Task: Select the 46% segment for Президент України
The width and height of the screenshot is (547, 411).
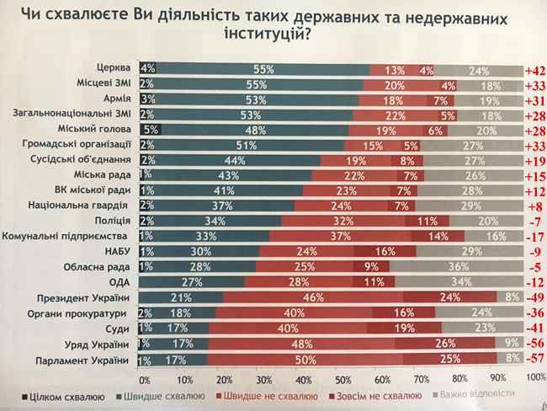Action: tap(316, 297)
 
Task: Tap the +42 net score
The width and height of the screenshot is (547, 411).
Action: tap(534, 71)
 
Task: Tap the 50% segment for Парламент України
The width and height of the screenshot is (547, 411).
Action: tap(301, 360)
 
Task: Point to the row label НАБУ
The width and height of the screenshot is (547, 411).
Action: tap(118, 252)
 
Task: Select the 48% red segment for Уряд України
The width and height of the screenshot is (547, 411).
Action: tap(300, 344)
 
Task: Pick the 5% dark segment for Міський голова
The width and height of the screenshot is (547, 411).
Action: tap(150, 130)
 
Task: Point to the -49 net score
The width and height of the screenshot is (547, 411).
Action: tap(534, 298)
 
